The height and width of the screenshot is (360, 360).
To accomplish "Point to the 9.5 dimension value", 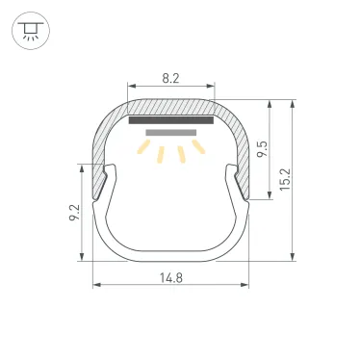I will click(274, 148).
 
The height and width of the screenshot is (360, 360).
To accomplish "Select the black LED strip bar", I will click(170, 120).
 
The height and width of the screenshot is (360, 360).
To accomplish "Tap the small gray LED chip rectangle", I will click(170, 132).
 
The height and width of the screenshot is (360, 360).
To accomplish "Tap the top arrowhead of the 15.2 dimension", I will click(292, 100).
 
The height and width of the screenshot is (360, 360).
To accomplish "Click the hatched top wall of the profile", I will click(170, 107).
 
